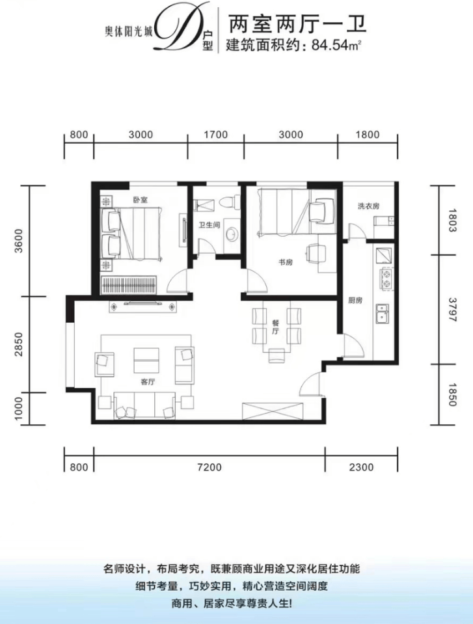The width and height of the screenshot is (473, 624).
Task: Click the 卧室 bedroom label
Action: [141, 200]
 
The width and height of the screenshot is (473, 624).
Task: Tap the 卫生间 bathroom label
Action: [209, 225]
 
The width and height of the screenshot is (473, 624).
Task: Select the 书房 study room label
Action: [286, 262]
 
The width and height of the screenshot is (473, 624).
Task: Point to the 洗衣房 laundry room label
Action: [368, 206]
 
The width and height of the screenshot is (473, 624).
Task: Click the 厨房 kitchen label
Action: [355, 301]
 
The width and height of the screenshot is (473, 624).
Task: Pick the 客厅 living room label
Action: [148, 382]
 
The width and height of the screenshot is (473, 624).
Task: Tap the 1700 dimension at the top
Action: [215, 135]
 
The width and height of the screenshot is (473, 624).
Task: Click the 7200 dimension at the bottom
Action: [209, 467]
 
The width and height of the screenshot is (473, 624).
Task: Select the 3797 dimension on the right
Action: [453, 309]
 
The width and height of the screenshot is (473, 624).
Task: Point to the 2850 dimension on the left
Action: [19, 344]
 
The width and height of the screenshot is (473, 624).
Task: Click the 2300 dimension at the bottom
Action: [361, 467]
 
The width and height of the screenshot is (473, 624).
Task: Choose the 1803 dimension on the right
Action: [453, 220]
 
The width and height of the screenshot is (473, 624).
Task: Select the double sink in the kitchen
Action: [383, 313]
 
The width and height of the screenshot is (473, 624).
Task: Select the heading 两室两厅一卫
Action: [295, 25]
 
